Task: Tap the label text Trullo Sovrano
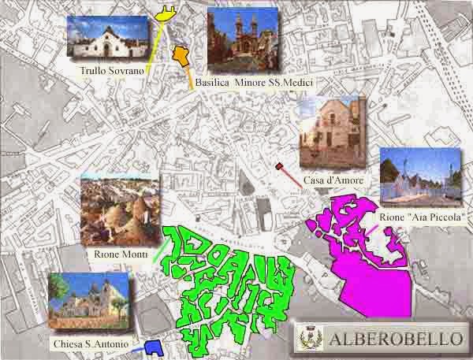coord(111,71)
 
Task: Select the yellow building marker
coord(166,12)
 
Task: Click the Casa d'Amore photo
coord(332,133)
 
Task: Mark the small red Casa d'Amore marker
coord(279,165)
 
